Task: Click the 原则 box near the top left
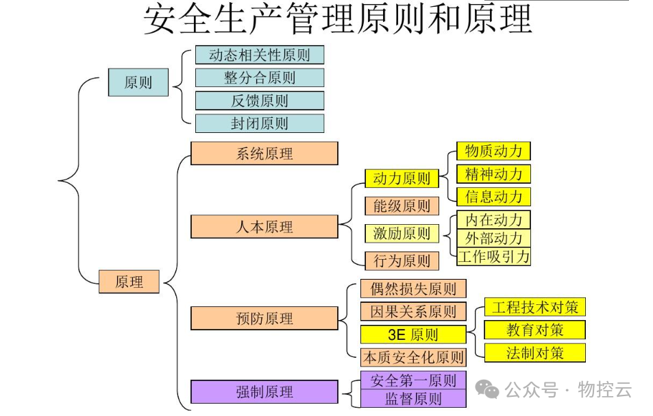[x=138, y=83]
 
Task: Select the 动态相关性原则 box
[x=259, y=55]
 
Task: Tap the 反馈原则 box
[x=259, y=101]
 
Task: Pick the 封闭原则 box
[x=259, y=123]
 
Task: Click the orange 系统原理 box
[x=264, y=154]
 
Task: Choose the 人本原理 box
[x=264, y=227]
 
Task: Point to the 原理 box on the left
[x=129, y=281]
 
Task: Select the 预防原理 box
[x=264, y=318]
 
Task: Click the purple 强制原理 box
[x=264, y=392]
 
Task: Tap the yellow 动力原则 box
[x=401, y=179]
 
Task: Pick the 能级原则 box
[x=401, y=206]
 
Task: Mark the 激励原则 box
[x=401, y=233]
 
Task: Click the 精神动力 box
[x=493, y=173]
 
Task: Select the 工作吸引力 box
[x=493, y=256]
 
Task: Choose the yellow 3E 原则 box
[x=413, y=334]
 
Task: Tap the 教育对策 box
[x=535, y=330]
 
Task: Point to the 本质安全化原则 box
[x=413, y=357]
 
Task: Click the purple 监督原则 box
[x=413, y=398]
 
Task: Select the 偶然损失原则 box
[x=413, y=289]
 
